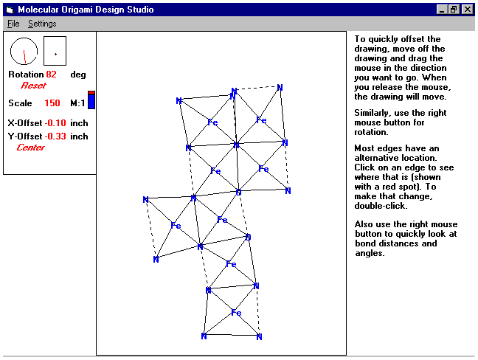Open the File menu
coord(14,24)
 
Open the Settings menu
coord(42,24)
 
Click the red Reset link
coord(33,86)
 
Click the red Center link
coord(30,148)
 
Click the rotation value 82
coord(51,75)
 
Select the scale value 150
coord(52,103)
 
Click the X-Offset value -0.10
coord(55,124)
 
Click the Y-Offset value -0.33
coord(55,136)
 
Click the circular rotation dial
coord(24,51)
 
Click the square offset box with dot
coord(55,51)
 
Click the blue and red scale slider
coord(91,100)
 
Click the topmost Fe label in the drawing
coord(261,120)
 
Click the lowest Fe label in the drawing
coord(237,313)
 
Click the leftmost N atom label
coord(146,200)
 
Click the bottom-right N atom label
coord(260,337)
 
